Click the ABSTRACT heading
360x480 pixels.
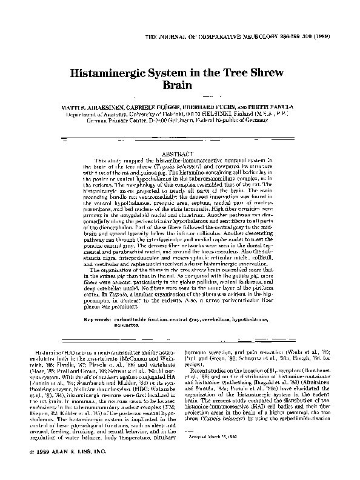click(180, 154)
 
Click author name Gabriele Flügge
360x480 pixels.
click(160, 105)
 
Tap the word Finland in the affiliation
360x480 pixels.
click(266, 113)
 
